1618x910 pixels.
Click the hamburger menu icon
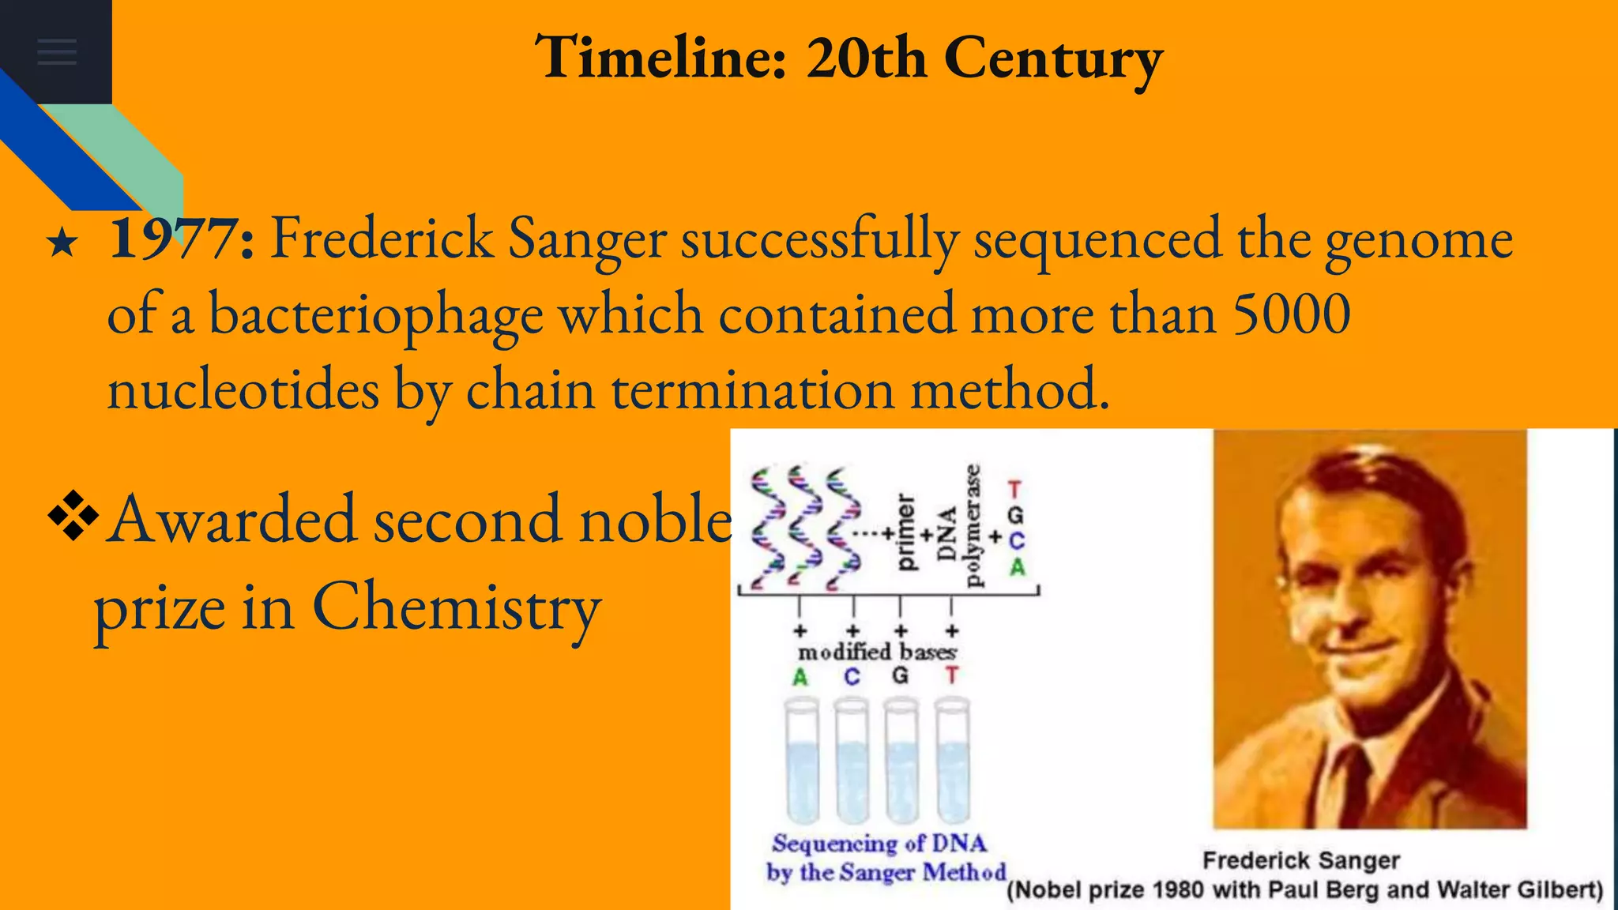point(57,51)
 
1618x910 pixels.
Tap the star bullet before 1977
point(62,243)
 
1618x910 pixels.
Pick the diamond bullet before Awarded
point(73,516)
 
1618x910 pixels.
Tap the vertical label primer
point(905,532)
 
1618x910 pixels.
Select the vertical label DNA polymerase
point(959,526)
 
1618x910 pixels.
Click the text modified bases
point(877,652)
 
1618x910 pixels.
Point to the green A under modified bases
point(800,678)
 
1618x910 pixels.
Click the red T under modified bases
point(952,676)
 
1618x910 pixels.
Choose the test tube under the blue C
point(852,761)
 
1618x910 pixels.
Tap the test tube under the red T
point(952,761)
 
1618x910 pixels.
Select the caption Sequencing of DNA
point(879,844)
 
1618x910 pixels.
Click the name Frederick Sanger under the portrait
point(1300,860)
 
